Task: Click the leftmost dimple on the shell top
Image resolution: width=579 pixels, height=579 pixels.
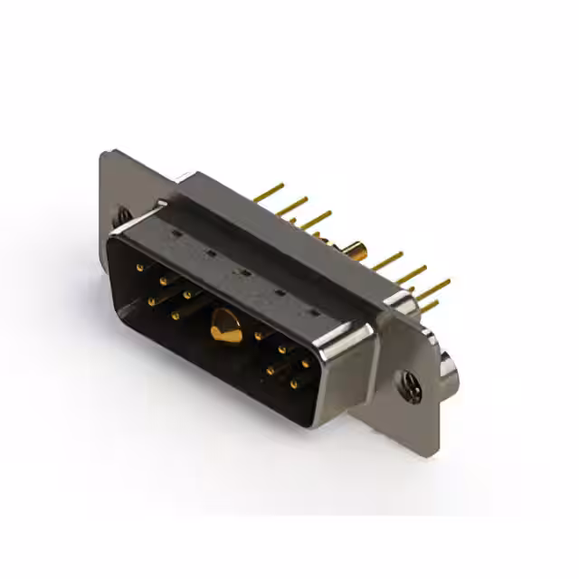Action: (175, 233)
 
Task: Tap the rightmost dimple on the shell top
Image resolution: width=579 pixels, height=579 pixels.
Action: (315, 312)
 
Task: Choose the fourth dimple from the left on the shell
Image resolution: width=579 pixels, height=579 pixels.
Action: (278, 290)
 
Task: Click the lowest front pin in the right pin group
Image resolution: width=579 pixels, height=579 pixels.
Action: (294, 384)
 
